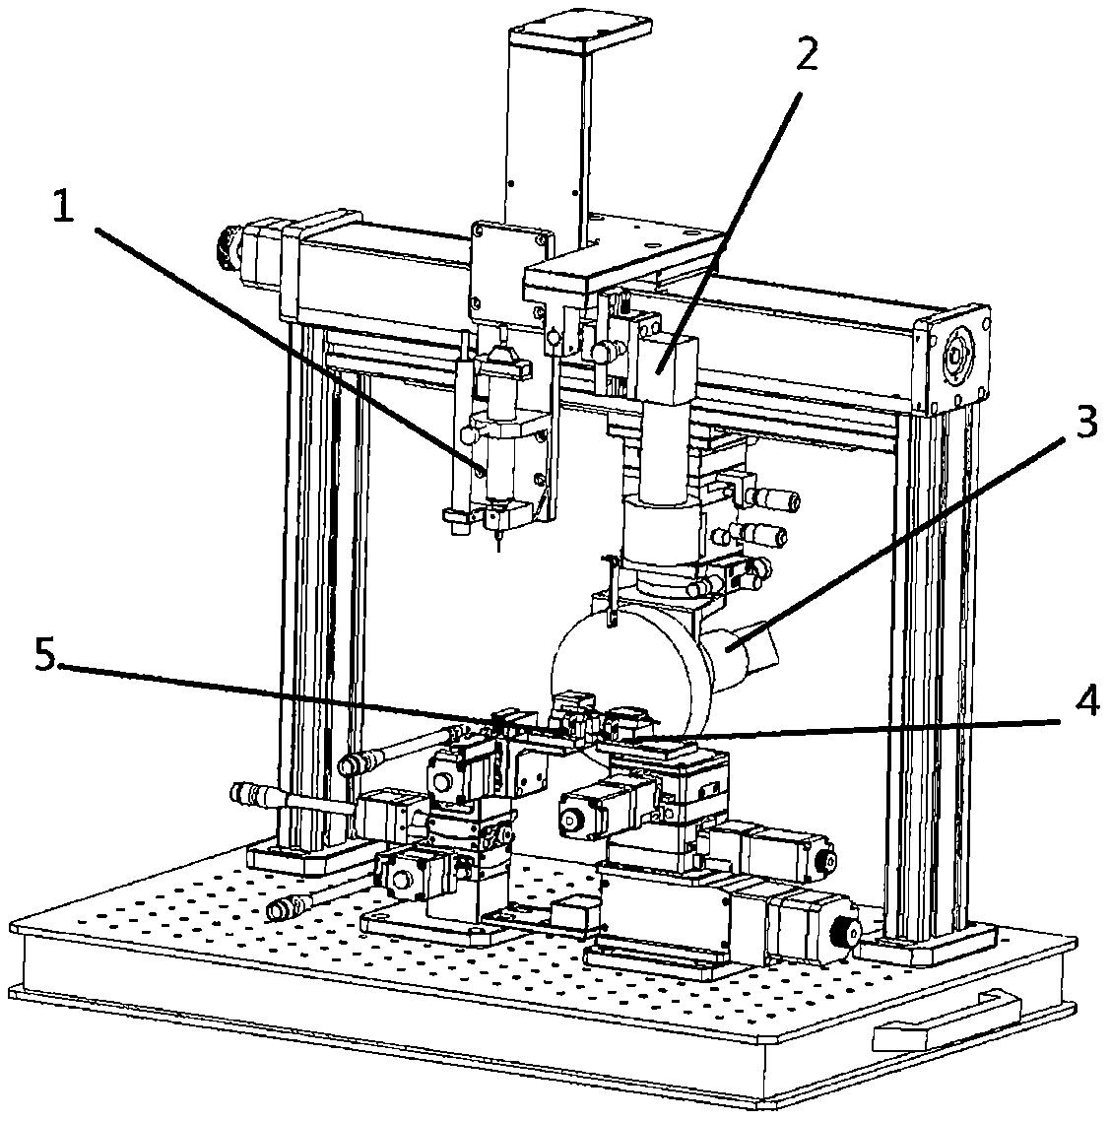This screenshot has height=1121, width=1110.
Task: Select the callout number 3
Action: point(1085,423)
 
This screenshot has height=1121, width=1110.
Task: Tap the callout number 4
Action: point(1085,704)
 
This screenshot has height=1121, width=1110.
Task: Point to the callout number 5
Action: point(44,656)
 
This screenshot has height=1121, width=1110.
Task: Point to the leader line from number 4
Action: point(848,728)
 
